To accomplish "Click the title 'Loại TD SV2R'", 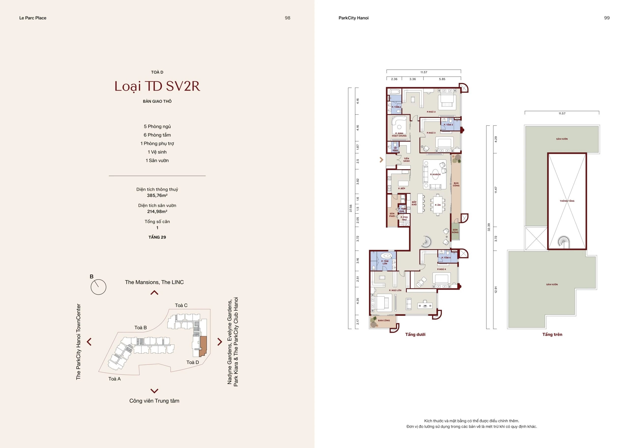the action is coord(157,86).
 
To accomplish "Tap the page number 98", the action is coord(287,18).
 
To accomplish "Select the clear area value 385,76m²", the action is coord(157,195).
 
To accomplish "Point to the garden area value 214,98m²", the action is coord(157,212).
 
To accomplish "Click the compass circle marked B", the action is coord(98,287).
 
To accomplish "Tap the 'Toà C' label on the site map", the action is coord(181,305).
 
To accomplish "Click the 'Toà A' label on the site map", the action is coord(114,379).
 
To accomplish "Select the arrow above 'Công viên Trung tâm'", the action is coord(154,391).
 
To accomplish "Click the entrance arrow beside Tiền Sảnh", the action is coord(382,160).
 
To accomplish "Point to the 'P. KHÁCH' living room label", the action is coord(435,174).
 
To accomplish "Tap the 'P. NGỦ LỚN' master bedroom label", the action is coord(395,290).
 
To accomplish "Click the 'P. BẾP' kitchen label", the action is coord(401,188).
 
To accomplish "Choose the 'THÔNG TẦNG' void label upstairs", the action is coord(567,201).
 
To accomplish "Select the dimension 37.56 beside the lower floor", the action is coord(351,208).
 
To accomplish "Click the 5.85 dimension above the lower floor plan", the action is coord(442,79).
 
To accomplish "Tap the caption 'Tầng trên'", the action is coord(552,334).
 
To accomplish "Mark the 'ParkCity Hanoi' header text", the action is coord(353,18).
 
